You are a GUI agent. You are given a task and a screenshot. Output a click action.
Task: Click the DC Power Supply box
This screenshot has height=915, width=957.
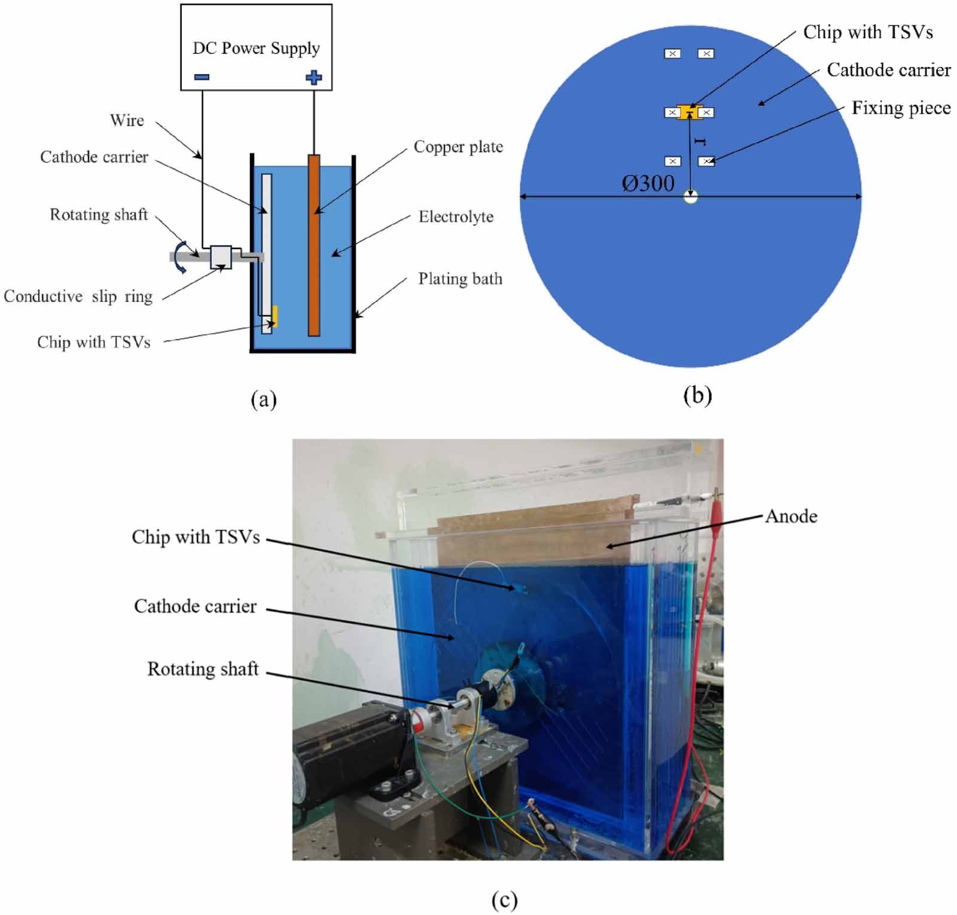click(256, 47)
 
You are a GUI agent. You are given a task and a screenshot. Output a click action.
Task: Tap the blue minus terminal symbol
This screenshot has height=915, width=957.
click(202, 77)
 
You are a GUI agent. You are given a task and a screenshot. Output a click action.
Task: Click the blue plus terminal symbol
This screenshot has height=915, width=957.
click(313, 77)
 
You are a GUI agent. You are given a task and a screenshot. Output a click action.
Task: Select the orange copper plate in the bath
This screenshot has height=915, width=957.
click(314, 245)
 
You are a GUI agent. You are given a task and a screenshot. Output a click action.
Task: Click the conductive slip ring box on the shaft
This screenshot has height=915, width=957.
click(221, 257)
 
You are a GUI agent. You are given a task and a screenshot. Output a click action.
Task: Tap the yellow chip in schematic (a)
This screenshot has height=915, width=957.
click(275, 316)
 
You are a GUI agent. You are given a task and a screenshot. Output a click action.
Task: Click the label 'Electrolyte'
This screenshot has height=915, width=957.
click(456, 216)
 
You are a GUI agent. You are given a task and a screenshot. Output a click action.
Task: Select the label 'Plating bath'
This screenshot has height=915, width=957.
click(460, 279)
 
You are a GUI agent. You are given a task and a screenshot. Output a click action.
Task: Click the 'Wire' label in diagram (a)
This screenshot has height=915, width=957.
click(127, 120)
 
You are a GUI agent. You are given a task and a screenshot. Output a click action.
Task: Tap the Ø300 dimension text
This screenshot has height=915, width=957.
click(648, 183)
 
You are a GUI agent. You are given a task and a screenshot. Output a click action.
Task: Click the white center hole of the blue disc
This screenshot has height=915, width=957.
click(691, 197)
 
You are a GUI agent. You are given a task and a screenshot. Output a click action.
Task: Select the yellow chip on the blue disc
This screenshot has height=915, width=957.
click(688, 112)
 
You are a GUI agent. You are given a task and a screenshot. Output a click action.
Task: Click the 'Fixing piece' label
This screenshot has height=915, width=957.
click(901, 108)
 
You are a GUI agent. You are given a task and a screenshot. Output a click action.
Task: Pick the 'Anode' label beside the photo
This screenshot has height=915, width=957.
click(791, 516)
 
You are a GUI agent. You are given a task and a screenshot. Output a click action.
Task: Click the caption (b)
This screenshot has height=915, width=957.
click(697, 395)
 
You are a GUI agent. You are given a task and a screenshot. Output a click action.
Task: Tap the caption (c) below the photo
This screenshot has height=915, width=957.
click(504, 899)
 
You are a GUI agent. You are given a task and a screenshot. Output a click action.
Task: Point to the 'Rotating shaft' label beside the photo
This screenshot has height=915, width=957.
click(203, 669)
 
